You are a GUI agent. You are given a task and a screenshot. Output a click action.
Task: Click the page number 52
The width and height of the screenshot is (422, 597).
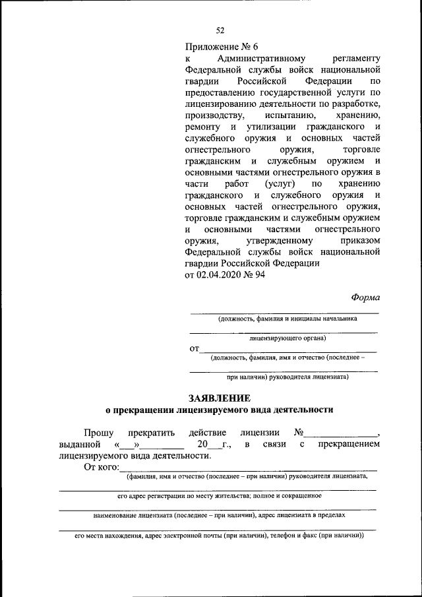click(x=220, y=30)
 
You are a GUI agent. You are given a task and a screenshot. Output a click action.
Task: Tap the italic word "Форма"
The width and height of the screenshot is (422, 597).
click(x=365, y=298)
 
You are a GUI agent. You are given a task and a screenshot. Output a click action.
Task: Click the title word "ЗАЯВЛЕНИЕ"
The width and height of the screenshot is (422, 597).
click(x=220, y=398)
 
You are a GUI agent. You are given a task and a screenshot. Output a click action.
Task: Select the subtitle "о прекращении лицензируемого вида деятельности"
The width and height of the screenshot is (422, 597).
click(x=220, y=410)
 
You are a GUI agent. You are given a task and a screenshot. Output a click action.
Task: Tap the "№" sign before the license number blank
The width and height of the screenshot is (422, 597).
click(x=299, y=433)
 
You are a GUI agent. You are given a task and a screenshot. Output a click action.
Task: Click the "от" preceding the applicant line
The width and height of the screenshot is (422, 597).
click(x=194, y=349)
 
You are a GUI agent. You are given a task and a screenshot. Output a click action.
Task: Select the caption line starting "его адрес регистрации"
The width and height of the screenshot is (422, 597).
click(x=220, y=495)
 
